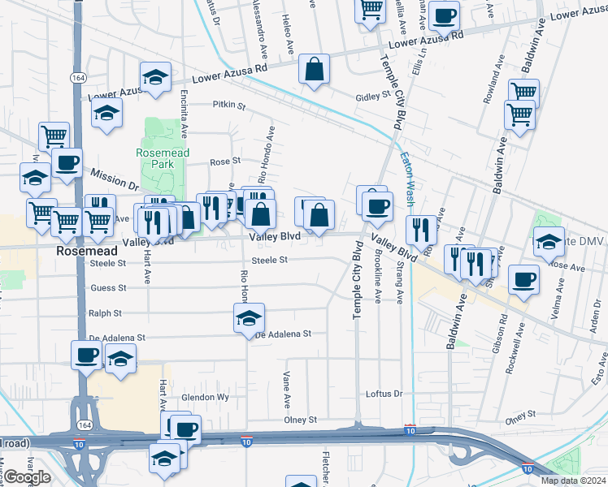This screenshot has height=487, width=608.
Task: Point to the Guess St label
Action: (x=108, y=288)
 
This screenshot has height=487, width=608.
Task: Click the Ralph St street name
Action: (x=105, y=312)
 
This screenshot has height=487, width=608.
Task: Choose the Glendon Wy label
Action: (x=205, y=398)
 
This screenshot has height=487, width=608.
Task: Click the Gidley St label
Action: (x=373, y=96)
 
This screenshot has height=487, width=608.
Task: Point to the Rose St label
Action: (x=225, y=162)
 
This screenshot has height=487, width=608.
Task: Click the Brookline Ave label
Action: (x=378, y=276)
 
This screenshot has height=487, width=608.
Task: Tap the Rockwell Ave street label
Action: (x=512, y=351)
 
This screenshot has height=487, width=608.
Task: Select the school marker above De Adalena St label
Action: (x=249, y=318)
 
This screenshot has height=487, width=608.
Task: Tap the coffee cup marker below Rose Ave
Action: (x=523, y=280)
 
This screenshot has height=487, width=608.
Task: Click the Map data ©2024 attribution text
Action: (x=573, y=481)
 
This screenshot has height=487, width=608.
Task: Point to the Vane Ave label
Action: (x=286, y=390)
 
